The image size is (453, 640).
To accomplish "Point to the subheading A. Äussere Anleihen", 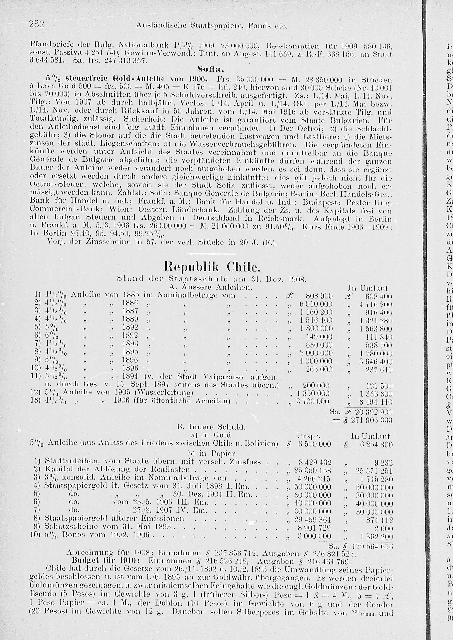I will (x=211, y=287).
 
